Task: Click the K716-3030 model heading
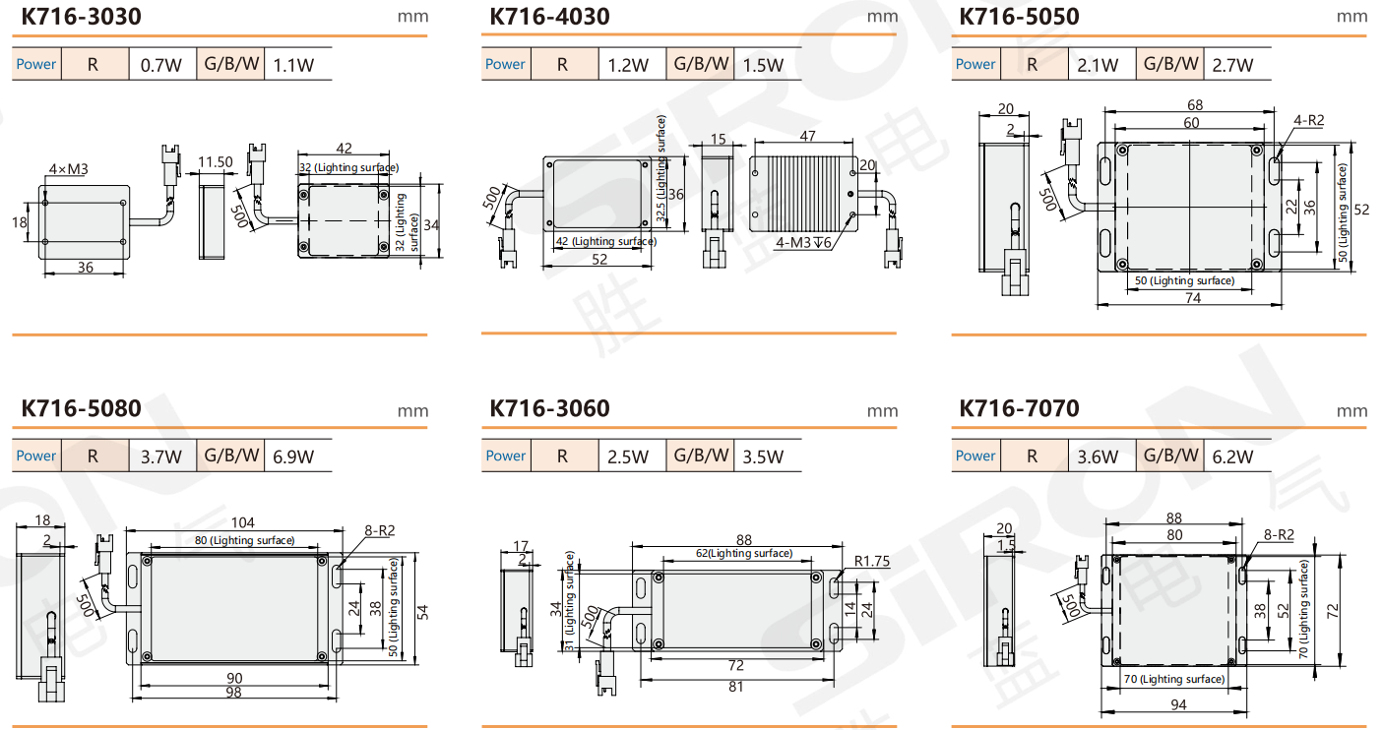[81, 17]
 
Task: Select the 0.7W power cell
[161, 65]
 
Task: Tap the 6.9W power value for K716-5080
[293, 456]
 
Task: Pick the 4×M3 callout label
[69, 168]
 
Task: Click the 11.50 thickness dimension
[215, 162]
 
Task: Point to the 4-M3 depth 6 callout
[803, 242]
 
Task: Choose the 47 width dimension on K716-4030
[807, 136]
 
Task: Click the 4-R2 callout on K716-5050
[1309, 120]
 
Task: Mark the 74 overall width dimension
[1193, 298]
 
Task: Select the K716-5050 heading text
[1020, 17]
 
